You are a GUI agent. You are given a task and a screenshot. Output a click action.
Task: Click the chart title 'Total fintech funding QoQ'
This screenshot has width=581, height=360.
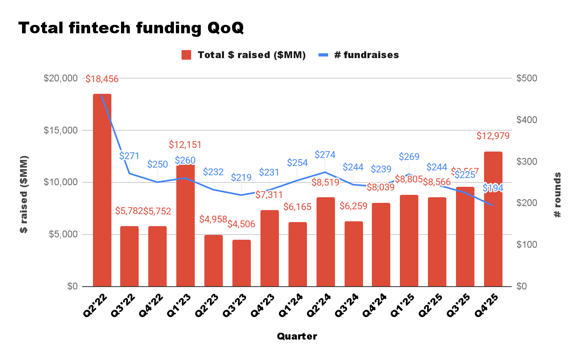tap(131, 28)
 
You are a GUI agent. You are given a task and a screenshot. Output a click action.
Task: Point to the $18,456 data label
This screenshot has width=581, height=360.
tap(102, 79)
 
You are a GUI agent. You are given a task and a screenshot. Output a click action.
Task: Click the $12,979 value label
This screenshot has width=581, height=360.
tap(493, 136)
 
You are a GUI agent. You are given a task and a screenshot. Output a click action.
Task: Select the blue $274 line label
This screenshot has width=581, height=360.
tap(325, 155)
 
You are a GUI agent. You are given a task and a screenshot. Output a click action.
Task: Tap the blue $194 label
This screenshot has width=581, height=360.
tap(493, 188)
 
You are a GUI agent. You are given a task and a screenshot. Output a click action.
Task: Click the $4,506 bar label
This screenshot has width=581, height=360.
tap(241, 224)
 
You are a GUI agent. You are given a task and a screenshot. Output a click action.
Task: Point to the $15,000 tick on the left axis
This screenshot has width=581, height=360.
tap(61, 130)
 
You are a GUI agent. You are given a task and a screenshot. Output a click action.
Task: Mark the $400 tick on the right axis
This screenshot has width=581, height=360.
tap(527, 120)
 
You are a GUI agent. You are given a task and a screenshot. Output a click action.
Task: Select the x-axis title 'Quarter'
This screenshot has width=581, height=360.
tap(297, 336)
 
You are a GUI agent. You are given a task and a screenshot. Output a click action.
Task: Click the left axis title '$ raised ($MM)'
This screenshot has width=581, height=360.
tap(24, 194)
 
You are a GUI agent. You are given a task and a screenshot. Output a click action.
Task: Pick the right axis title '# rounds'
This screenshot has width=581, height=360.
tap(557, 195)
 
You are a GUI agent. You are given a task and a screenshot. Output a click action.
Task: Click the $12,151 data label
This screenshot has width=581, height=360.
tap(185, 145)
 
